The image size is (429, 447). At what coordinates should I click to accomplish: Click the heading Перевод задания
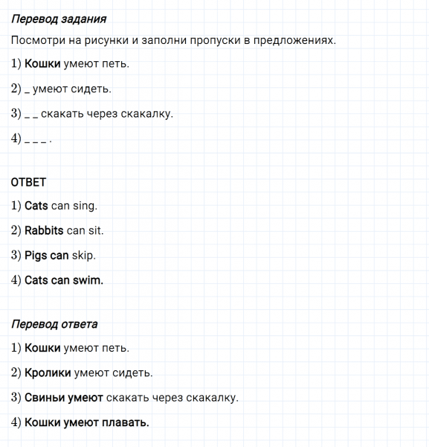coord(59,19)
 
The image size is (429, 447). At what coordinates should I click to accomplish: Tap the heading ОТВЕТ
coord(29,182)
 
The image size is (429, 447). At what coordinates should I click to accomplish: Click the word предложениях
coord(294,39)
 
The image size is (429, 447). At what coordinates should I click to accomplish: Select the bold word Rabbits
coord(44,230)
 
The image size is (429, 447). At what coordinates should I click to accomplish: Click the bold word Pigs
coord(36,255)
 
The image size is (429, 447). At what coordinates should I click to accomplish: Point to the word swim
coord(88,280)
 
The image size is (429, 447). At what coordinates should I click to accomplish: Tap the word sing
coord(85,205)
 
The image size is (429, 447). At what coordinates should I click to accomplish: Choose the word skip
coord(84,255)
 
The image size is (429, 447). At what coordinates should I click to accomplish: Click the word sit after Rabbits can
coord(96,230)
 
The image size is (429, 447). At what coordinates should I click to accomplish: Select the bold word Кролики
coord(48,372)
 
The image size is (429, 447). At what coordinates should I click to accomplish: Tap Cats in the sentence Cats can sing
coord(36,205)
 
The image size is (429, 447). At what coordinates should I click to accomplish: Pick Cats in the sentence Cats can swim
coord(36,280)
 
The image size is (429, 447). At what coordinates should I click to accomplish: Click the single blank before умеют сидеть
coord(27,91)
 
